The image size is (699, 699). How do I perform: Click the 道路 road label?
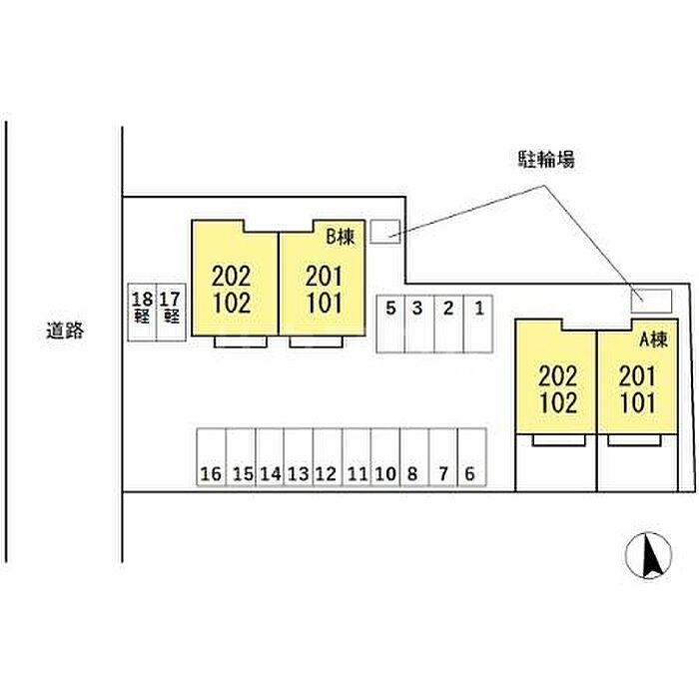point(65,331)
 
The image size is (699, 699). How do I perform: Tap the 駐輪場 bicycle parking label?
point(546,159)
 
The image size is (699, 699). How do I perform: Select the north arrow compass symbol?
point(648,555)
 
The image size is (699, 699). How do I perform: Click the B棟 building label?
point(341,237)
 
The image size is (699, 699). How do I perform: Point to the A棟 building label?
point(653,340)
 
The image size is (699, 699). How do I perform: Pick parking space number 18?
point(142,313)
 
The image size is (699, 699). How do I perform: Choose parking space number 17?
point(171,313)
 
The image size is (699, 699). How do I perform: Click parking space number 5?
point(390,325)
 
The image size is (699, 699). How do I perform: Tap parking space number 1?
point(478,325)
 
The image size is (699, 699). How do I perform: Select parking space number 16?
point(212,457)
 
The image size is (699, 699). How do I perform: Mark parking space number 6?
point(471,457)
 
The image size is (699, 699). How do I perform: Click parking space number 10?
point(385,457)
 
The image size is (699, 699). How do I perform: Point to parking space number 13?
point(299,457)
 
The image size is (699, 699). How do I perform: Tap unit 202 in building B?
point(232,277)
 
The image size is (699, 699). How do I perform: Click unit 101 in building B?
point(325,303)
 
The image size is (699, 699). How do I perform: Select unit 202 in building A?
point(557,375)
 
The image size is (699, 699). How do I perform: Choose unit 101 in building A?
point(638,402)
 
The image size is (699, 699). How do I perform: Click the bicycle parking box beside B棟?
point(385,232)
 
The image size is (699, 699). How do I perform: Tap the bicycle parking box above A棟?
point(651,301)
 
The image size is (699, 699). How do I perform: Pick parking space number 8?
point(414,457)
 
